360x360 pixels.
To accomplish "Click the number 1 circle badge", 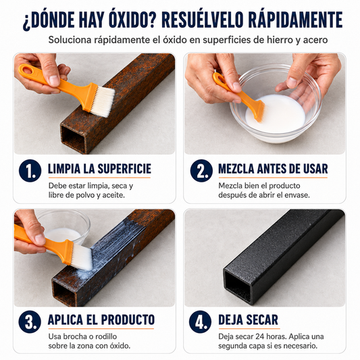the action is [30, 171].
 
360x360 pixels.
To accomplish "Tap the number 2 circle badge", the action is [201, 171].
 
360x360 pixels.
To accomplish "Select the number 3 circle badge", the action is [30, 322].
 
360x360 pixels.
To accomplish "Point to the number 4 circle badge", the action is [200, 322].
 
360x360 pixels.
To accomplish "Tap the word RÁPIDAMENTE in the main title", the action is [295, 20].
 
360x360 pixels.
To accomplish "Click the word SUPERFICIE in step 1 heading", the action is [124, 169].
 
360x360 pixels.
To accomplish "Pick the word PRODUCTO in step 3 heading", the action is [128, 319].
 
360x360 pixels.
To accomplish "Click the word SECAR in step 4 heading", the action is [264, 319].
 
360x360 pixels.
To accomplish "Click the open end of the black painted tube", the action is [238, 286].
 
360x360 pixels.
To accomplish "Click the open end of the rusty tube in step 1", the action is [73, 139].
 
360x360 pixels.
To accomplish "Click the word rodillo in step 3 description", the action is [105, 336].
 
